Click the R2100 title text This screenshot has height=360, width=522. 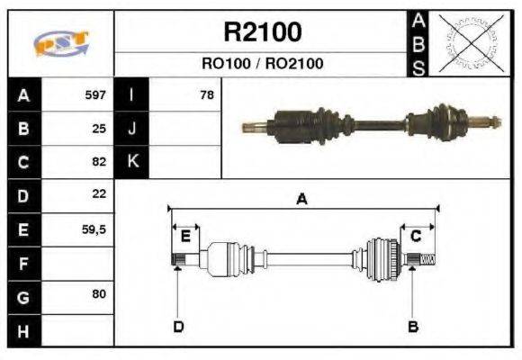(x=262, y=32)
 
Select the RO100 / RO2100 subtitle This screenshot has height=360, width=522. (x=262, y=64)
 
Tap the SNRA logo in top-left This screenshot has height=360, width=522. (x=61, y=44)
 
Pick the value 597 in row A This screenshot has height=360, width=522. (x=95, y=94)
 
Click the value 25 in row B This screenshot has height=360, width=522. (x=99, y=129)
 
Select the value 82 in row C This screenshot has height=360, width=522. (x=99, y=163)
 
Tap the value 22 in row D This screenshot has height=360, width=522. (x=99, y=194)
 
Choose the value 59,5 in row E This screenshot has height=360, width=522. (x=94, y=229)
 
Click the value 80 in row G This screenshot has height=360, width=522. (x=99, y=294)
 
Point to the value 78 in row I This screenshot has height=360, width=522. (x=206, y=94)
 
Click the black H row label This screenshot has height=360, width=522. (x=22, y=330)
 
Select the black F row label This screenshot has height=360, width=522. (x=22, y=264)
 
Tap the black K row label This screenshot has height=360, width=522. (x=131, y=162)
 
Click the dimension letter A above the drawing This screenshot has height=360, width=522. (x=302, y=200)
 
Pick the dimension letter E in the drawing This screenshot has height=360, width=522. (x=185, y=236)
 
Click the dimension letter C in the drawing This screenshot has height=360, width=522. (x=416, y=236)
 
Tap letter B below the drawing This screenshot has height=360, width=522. (x=413, y=326)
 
